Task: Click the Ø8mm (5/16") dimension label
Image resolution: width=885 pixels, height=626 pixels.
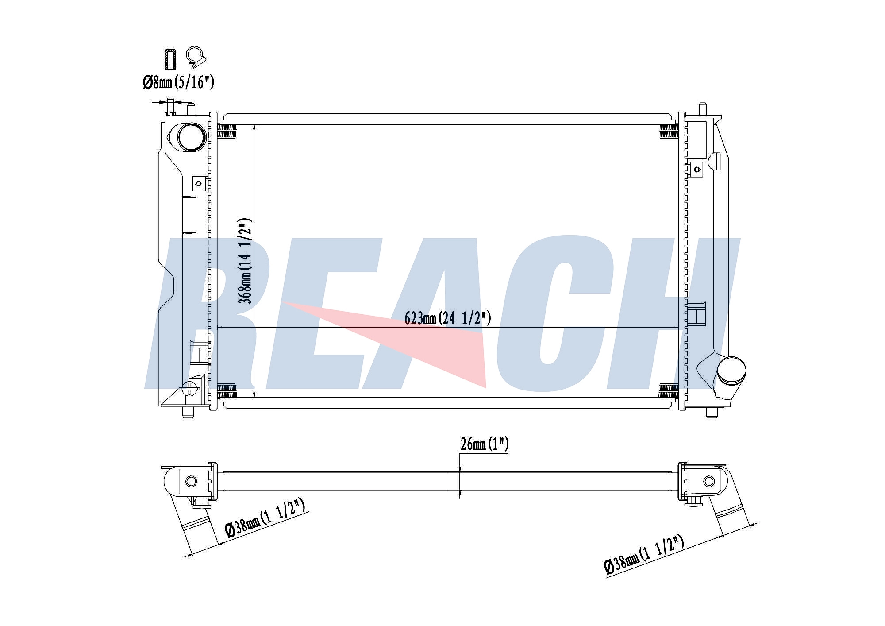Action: tap(178, 82)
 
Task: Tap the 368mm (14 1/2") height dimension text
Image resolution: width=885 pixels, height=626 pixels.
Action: tap(245, 261)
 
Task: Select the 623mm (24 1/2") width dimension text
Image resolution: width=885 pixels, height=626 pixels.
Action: tap(447, 318)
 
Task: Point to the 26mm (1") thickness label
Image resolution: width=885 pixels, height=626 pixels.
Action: tap(485, 444)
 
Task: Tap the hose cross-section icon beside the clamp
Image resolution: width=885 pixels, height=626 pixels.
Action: tap(170, 59)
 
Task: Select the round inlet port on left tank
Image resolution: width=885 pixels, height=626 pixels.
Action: tap(192, 137)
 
